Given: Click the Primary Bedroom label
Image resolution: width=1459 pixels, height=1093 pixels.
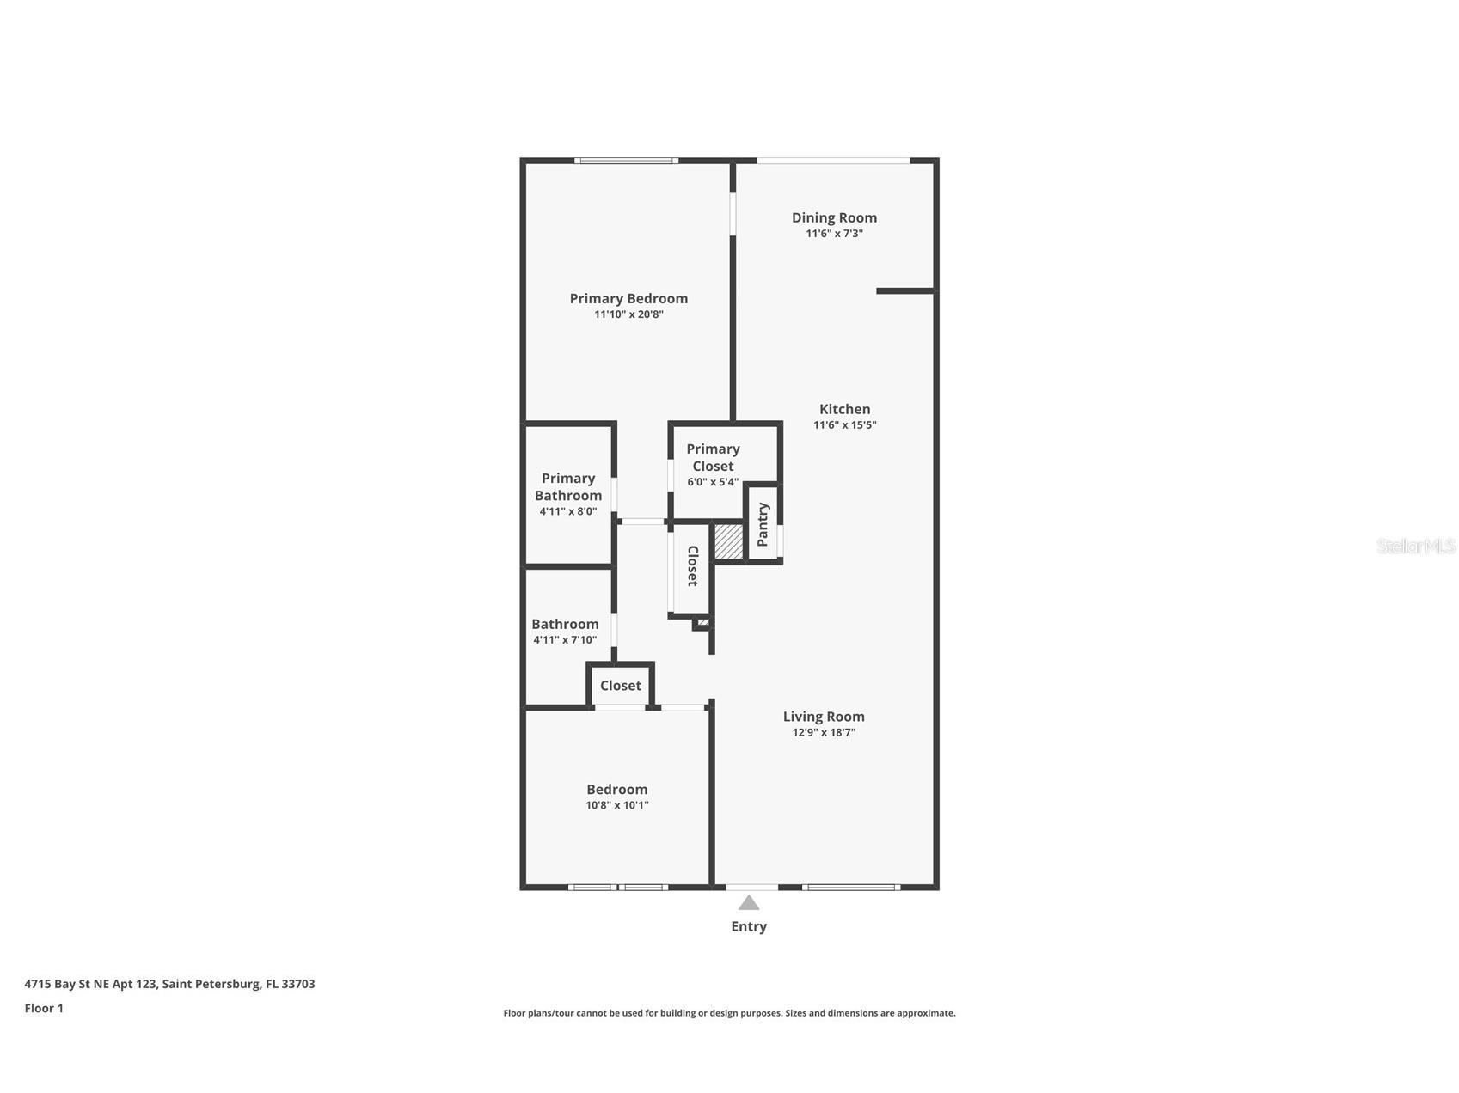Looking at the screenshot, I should pos(628,298).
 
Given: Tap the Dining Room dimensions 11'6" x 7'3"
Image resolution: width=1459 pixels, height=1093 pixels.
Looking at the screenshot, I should pos(834,234).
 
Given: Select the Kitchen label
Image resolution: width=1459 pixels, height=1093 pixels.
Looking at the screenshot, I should pos(844,409).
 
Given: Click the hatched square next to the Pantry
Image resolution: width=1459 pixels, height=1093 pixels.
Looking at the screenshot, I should pos(728,542).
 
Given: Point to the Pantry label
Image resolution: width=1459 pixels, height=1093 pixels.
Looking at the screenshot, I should pos(763,524).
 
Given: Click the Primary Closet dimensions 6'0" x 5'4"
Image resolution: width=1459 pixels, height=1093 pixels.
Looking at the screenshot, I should pos(713,482).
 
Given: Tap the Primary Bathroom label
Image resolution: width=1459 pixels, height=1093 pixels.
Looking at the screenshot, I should pos(568,486).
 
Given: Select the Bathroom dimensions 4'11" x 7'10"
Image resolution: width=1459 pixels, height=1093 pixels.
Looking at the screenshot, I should pos(565,640).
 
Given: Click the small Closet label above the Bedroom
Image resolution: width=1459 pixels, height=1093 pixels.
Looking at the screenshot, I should pos(621,686).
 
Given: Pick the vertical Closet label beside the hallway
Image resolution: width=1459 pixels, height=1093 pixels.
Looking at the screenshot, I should pos(692,566).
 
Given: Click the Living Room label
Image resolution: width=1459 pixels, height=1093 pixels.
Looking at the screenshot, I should pos(824,717).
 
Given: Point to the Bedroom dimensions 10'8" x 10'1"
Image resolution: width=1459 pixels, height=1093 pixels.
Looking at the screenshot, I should pos(617,805).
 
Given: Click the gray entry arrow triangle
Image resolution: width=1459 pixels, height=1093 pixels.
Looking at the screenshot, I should pos(749,903).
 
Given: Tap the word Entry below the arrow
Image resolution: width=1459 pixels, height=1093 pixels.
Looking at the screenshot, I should pos(749,926).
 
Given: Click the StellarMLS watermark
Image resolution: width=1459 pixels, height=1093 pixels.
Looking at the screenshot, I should pos(1415,546).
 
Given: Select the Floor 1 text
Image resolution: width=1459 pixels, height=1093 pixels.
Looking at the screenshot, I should pos(44,1008).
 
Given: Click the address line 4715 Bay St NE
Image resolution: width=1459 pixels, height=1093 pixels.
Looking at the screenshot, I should pos(169,984).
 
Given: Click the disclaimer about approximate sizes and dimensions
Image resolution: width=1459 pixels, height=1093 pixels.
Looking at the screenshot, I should pos(729,1013).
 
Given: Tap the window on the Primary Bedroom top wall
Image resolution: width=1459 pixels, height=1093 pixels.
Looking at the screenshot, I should pos(626,161).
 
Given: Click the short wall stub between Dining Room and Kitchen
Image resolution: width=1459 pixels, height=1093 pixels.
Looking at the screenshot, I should pos(904,291).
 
